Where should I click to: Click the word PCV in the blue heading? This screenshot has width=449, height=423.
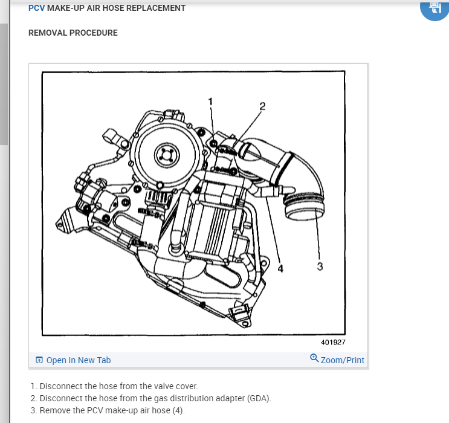(x=36, y=8)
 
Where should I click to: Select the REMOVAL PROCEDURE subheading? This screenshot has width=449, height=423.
(x=73, y=33)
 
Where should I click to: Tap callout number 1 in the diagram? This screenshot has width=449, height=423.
(x=211, y=101)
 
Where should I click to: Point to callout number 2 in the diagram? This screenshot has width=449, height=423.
(x=262, y=106)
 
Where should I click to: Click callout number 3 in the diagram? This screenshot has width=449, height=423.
(x=320, y=266)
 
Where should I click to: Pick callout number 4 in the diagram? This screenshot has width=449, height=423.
(x=280, y=269)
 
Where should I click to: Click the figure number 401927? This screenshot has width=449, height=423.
(x=333, y=342)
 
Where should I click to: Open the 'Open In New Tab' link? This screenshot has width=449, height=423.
(x=79, y=360)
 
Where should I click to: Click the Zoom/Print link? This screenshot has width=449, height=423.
(x=343, y=360)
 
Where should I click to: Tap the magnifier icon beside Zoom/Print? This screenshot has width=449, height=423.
(x=314, y=358)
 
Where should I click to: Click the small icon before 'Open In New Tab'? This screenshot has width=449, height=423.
(x=39, y=360)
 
